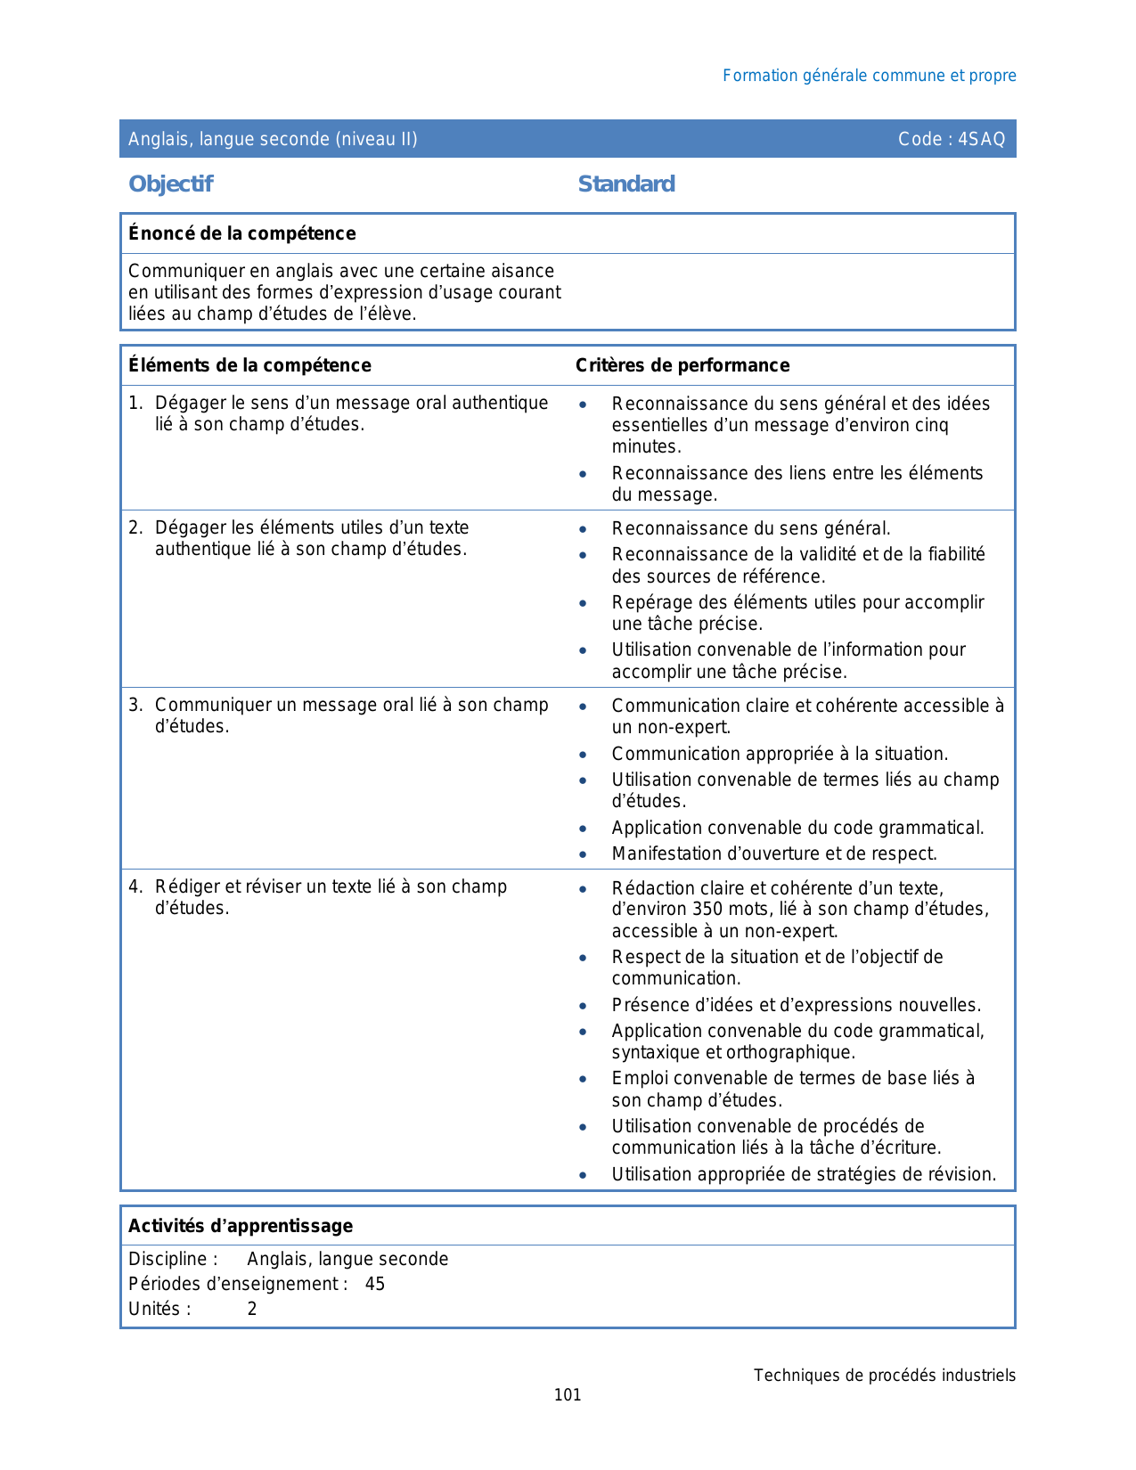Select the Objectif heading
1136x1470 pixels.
click(170, 184)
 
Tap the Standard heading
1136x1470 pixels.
click(626, 184)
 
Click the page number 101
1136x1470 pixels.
click(568, 1395)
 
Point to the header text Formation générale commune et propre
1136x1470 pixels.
click(869, 76)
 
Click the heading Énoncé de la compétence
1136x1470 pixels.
click(241, 233)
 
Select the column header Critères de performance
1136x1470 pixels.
click(682, 365)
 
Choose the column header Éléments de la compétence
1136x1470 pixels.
click(249, 365)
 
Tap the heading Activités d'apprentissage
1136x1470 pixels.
click(241, 1226)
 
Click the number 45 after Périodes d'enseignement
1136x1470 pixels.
click(375, 1284)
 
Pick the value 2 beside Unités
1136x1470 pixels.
click(252, 1309)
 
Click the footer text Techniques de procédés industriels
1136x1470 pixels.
click(884, 1376)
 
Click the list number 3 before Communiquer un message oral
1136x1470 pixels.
click(135, 706)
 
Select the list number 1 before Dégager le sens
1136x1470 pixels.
click(135, 404)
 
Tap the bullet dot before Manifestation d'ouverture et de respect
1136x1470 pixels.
click(583, 854)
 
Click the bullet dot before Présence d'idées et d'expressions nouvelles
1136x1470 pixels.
click(583, 1006)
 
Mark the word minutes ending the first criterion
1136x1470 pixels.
click(645, 447)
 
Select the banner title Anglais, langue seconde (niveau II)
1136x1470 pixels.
click(273, 139)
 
